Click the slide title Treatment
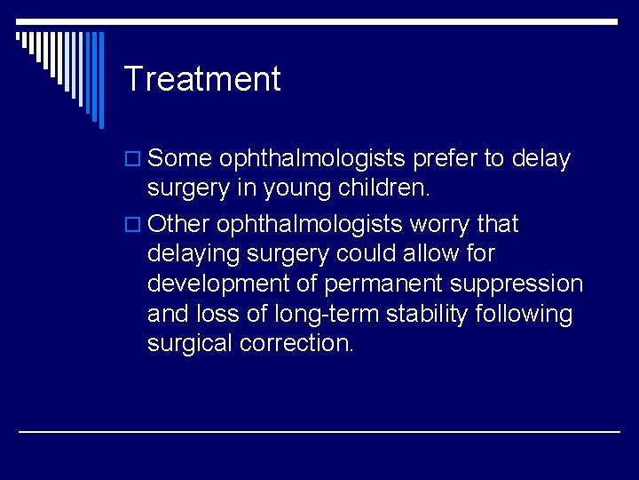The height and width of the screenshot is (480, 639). pos(202,79)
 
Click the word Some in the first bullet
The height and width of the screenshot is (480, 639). pos(180,159)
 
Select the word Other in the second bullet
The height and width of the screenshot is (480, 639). pos(181,224)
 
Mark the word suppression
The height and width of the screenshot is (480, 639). pos(525,284)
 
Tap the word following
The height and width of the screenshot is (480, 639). pos(534,314)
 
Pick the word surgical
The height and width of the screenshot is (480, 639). pos(190,344)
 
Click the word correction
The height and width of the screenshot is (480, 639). pos(297,344)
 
